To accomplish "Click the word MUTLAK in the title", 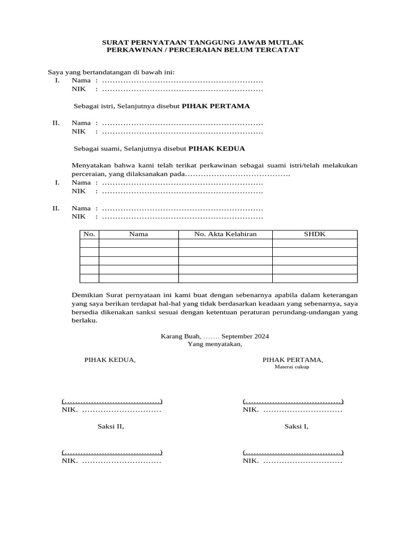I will (289, 42).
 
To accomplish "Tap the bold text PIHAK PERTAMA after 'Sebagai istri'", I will (216, 106).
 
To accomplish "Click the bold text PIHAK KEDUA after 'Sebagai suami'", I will (217, 149).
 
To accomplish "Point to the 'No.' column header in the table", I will (89, 234).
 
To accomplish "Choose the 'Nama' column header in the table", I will (139, 234).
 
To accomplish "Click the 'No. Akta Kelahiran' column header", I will (225, 234).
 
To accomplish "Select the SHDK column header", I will (315, 234).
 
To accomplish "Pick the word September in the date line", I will (237, 336).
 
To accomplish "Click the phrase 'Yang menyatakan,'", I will (215, 344).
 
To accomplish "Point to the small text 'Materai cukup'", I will (292, 367).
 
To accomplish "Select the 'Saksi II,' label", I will (110, 426).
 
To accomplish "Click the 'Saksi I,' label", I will (297, 426).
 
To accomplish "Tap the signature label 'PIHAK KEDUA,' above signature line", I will (110, 360).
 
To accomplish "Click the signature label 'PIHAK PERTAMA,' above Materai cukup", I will (293, 360).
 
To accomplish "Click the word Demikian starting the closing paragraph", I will (88, 294).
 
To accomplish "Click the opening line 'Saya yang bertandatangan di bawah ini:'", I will (111, 72).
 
